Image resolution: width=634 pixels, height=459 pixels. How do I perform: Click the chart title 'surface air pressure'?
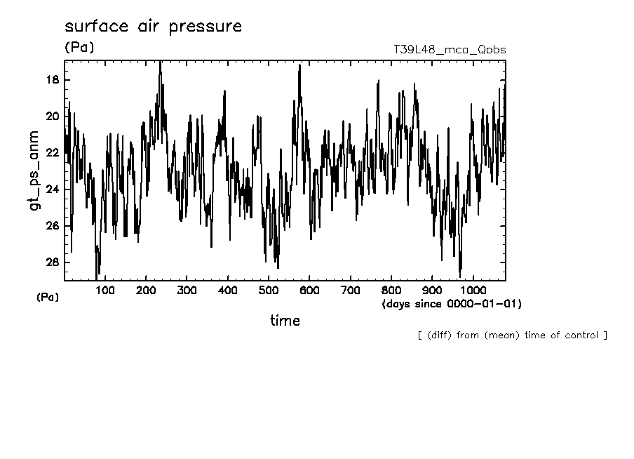tap(153, 27)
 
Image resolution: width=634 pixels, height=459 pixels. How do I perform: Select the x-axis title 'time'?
tap(285, 321)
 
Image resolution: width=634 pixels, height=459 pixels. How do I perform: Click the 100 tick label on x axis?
tap(105, 290)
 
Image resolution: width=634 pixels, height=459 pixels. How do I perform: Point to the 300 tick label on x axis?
tap(187, 290)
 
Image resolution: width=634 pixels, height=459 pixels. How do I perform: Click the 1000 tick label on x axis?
tap(473, 290)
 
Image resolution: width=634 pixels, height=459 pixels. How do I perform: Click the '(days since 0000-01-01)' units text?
tap(452, 304)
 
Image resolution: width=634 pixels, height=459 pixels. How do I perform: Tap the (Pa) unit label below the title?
tap(79, 48)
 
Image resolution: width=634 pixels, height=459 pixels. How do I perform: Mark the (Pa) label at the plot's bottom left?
tap(48, 298)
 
